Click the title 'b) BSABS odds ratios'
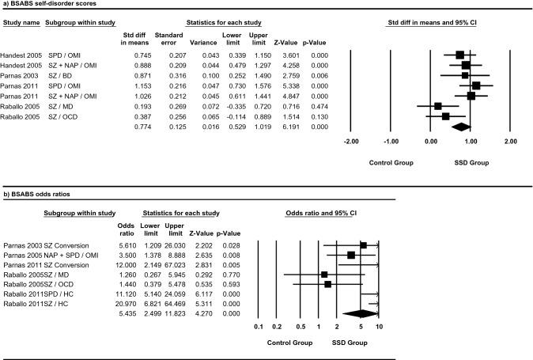point(36,193)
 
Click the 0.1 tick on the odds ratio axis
point(259,326)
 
